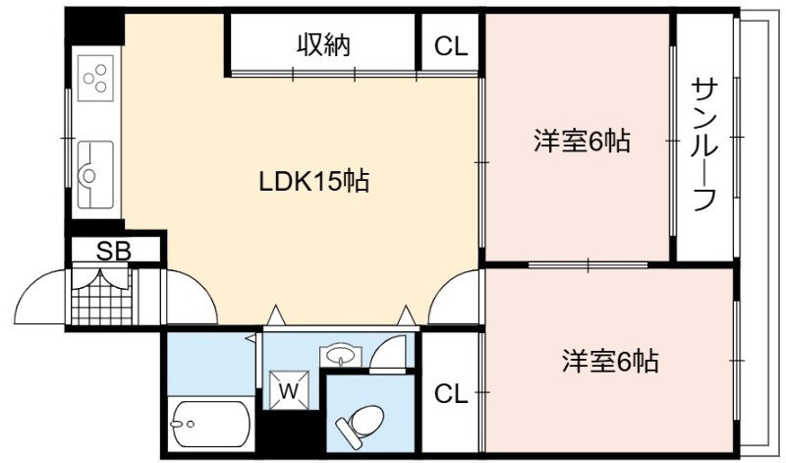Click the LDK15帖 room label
point(314,181)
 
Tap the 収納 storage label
point(324,45)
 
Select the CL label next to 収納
point(451,46)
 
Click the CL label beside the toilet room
point(451,394)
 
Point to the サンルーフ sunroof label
point(704,145)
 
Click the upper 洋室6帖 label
point(582,141)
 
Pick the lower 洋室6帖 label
point(610,361)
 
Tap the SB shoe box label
point(114,251)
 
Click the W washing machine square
point(289,389)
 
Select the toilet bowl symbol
point(361,422)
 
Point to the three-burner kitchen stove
point(95,79)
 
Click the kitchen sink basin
point(95,175)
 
